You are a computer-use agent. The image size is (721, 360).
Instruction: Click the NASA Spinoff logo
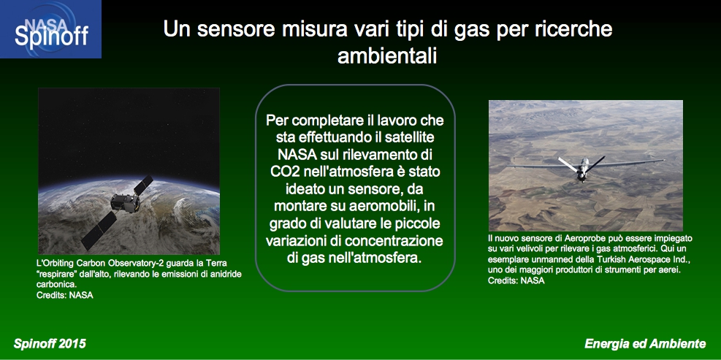(50, 29)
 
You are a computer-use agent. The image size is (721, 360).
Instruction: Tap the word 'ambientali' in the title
(386, 55)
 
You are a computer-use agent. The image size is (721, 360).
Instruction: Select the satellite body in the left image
(126, 203)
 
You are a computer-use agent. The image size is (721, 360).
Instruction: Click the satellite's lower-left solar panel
(99, 230)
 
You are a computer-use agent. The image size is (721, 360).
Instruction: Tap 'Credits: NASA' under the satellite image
(65, 295)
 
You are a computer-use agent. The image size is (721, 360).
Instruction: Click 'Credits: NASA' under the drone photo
(516, 280)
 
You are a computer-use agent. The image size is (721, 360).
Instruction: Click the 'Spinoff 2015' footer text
(50, 344)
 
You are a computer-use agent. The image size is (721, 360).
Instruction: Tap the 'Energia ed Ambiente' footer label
(645, 344)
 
